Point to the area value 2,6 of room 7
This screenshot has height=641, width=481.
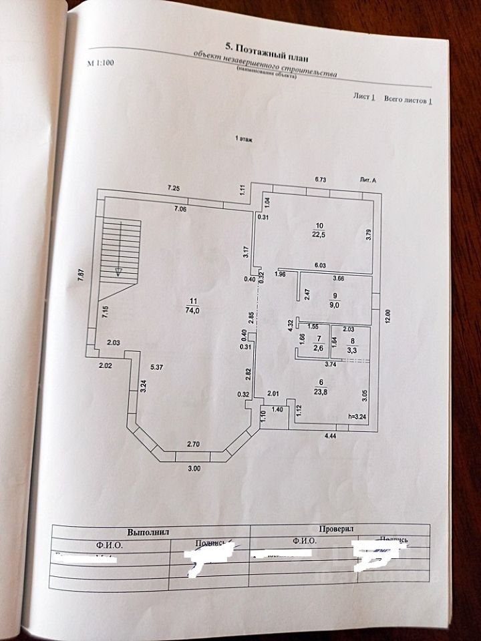pyautogui.click(x=319, y=347)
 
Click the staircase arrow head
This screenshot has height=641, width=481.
pyautogui.click(x=118, y=271)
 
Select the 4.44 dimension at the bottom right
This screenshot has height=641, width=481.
pyautogui.click(x=331, y=436)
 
